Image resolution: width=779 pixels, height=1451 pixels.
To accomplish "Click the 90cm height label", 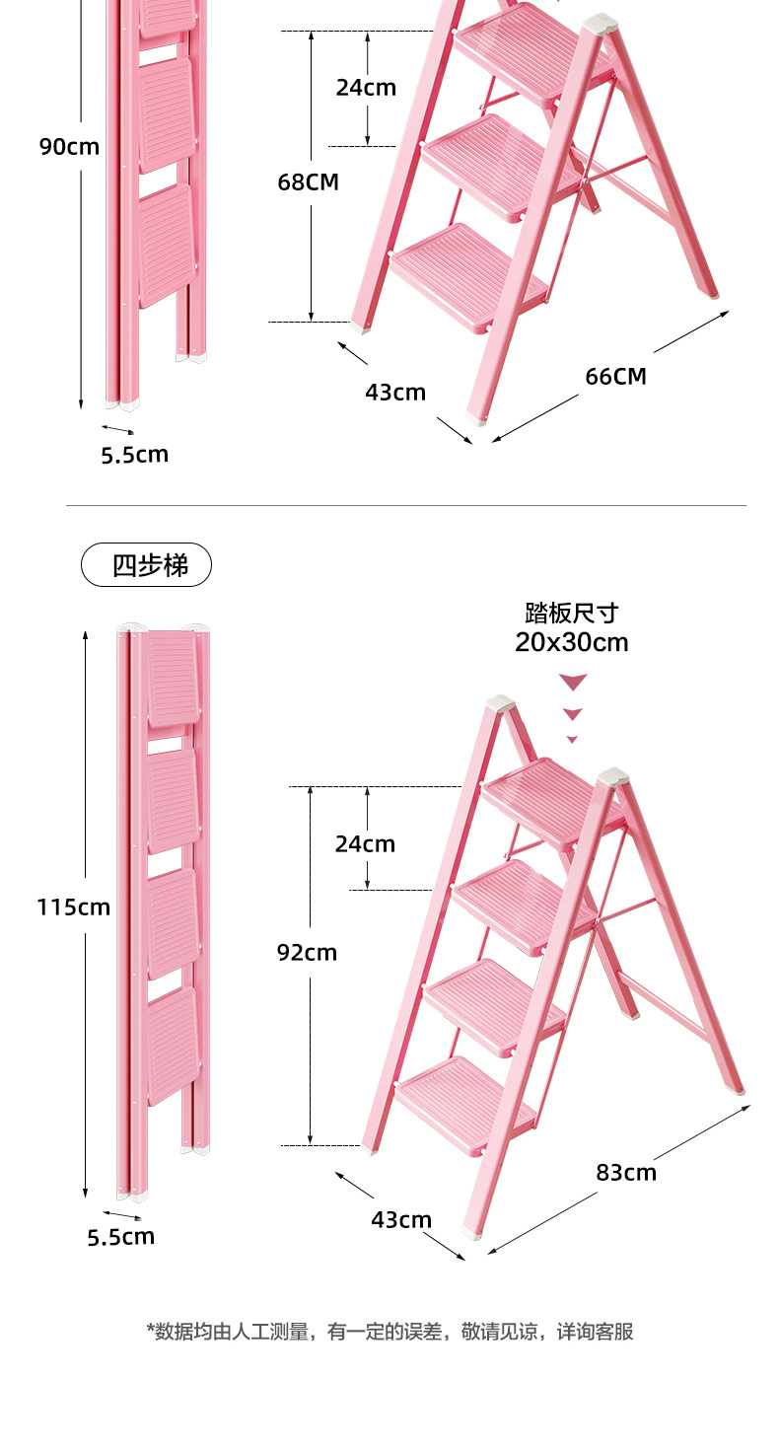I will (69, 147).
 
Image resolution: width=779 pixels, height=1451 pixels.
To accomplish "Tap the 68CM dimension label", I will (308, 182).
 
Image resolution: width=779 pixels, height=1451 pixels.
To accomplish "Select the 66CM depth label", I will (615, 377).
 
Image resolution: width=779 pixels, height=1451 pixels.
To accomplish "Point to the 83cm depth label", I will (625, 1173).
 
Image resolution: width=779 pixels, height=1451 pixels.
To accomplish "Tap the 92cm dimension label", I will (307, 953).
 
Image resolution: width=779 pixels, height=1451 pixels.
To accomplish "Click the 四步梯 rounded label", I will (146, 565).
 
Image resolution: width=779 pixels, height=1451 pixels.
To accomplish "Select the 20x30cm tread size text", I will (571, 643).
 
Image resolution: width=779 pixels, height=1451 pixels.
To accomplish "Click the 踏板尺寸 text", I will (571, 614).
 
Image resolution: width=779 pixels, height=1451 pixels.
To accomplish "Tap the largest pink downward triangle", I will (572, 682).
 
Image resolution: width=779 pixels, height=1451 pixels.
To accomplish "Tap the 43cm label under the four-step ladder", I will (401, 1220).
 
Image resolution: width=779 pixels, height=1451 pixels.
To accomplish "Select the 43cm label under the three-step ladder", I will (395, 393).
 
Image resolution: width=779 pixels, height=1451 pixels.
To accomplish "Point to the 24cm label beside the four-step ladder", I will (365, 844).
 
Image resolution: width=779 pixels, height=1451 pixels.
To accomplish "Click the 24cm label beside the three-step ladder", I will (366, 88).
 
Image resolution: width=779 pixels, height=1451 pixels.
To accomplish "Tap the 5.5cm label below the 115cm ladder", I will (121, 1237).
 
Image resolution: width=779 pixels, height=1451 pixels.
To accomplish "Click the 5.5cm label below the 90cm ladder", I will (135, 455).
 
